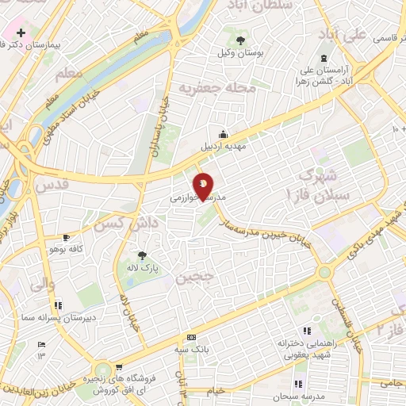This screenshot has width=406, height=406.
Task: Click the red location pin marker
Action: (x=204, y=187)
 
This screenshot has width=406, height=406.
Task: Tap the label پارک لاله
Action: (x=144, y=269)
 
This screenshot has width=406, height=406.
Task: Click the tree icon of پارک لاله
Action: (x=142, y=255)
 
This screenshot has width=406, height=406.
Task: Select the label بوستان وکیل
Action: (x=236, y=53)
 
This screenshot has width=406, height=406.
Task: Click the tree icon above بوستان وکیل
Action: (x=238, y=39)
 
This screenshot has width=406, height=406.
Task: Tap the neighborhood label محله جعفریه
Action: (x=217, y=86)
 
